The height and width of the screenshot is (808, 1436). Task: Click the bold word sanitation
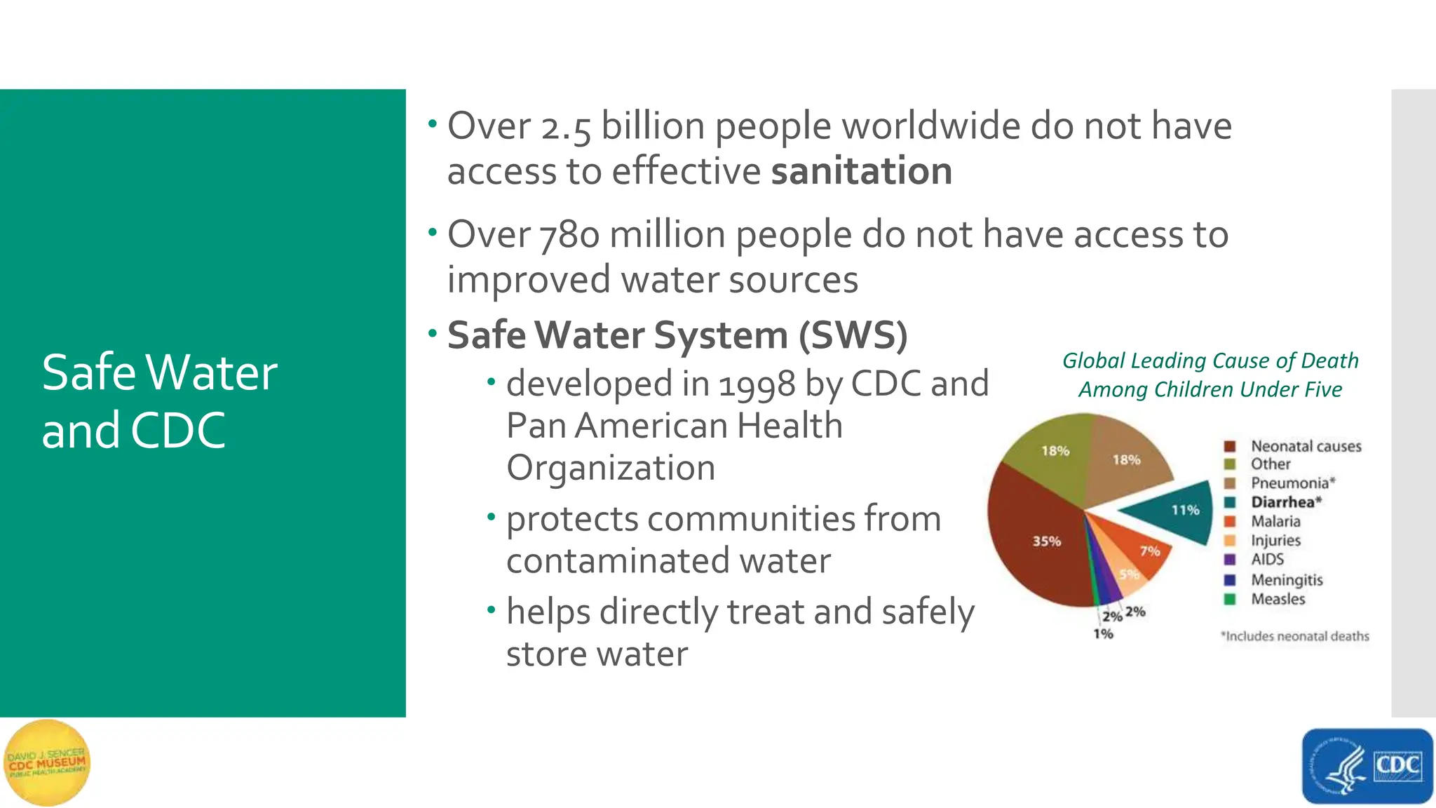tap(861, 172)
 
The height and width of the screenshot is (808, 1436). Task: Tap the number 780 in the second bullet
tap(569, 235)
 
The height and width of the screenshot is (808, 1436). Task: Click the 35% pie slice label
tap(1046, 541)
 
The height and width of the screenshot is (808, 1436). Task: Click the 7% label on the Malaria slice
tap(1150, 551)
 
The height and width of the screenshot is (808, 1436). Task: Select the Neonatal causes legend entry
tap(1306, 446)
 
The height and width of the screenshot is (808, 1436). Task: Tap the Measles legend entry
tap(1278, 599)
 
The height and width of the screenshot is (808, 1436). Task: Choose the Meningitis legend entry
tap(1287, 580)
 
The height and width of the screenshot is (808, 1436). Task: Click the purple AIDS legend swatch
tap(1229, 560)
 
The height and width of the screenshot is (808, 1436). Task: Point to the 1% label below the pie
tap(1103, 634)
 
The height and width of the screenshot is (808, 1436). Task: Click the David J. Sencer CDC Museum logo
tap(47, 763)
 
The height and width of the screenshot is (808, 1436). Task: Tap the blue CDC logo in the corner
tap(1367, 766)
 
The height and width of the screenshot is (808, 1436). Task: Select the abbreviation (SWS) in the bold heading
tap(853, 335)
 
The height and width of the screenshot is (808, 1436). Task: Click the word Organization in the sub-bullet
tap(611, 468)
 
